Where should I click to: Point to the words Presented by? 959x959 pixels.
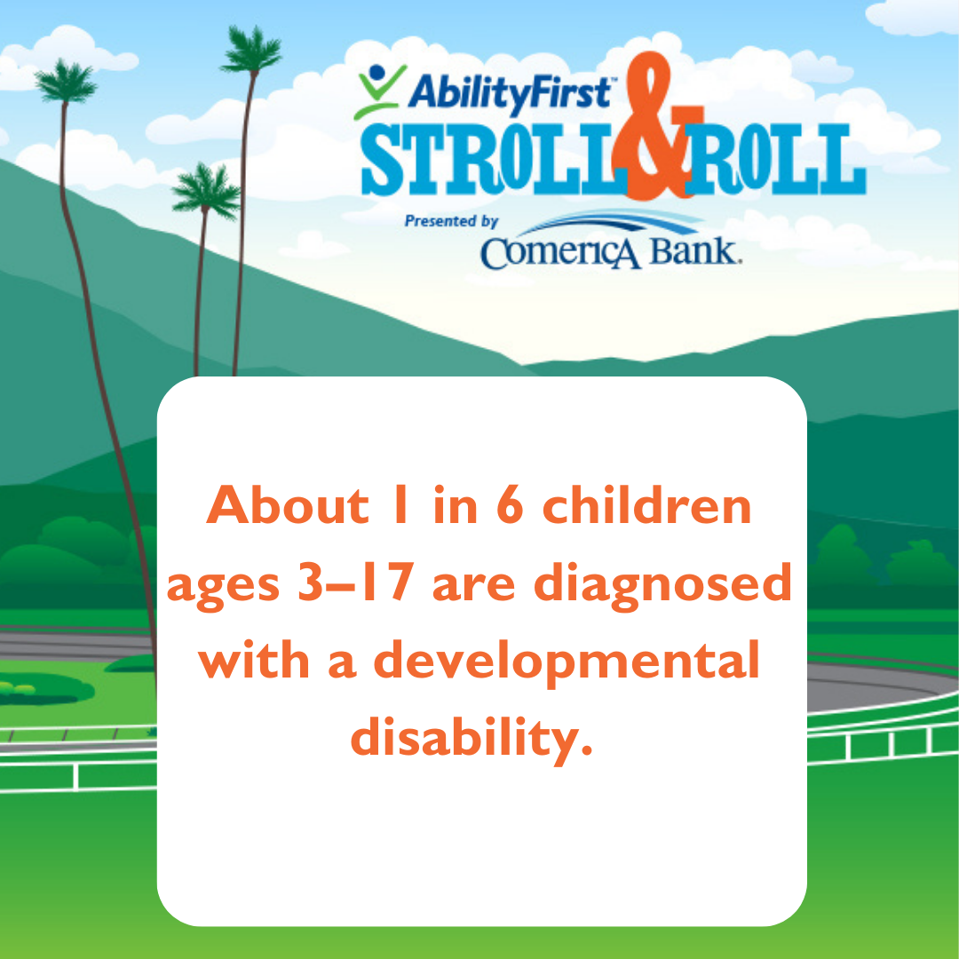pyautogui.click(x=451, y=221)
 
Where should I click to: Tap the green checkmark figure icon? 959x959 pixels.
pyautogui.click(x=380, y=91)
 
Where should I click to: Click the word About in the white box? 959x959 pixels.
pyautogui.click(x=288, y=506)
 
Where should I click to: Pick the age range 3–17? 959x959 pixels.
pyautogui.click(x=355, y=582)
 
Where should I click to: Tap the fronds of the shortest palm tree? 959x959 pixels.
pyautogui.click(x=206, y=192)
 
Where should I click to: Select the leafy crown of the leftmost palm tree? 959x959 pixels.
pyautogui.click(x=66, y=82)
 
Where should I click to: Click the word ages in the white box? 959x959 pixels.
pyautogui.click(x=223, y=587)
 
